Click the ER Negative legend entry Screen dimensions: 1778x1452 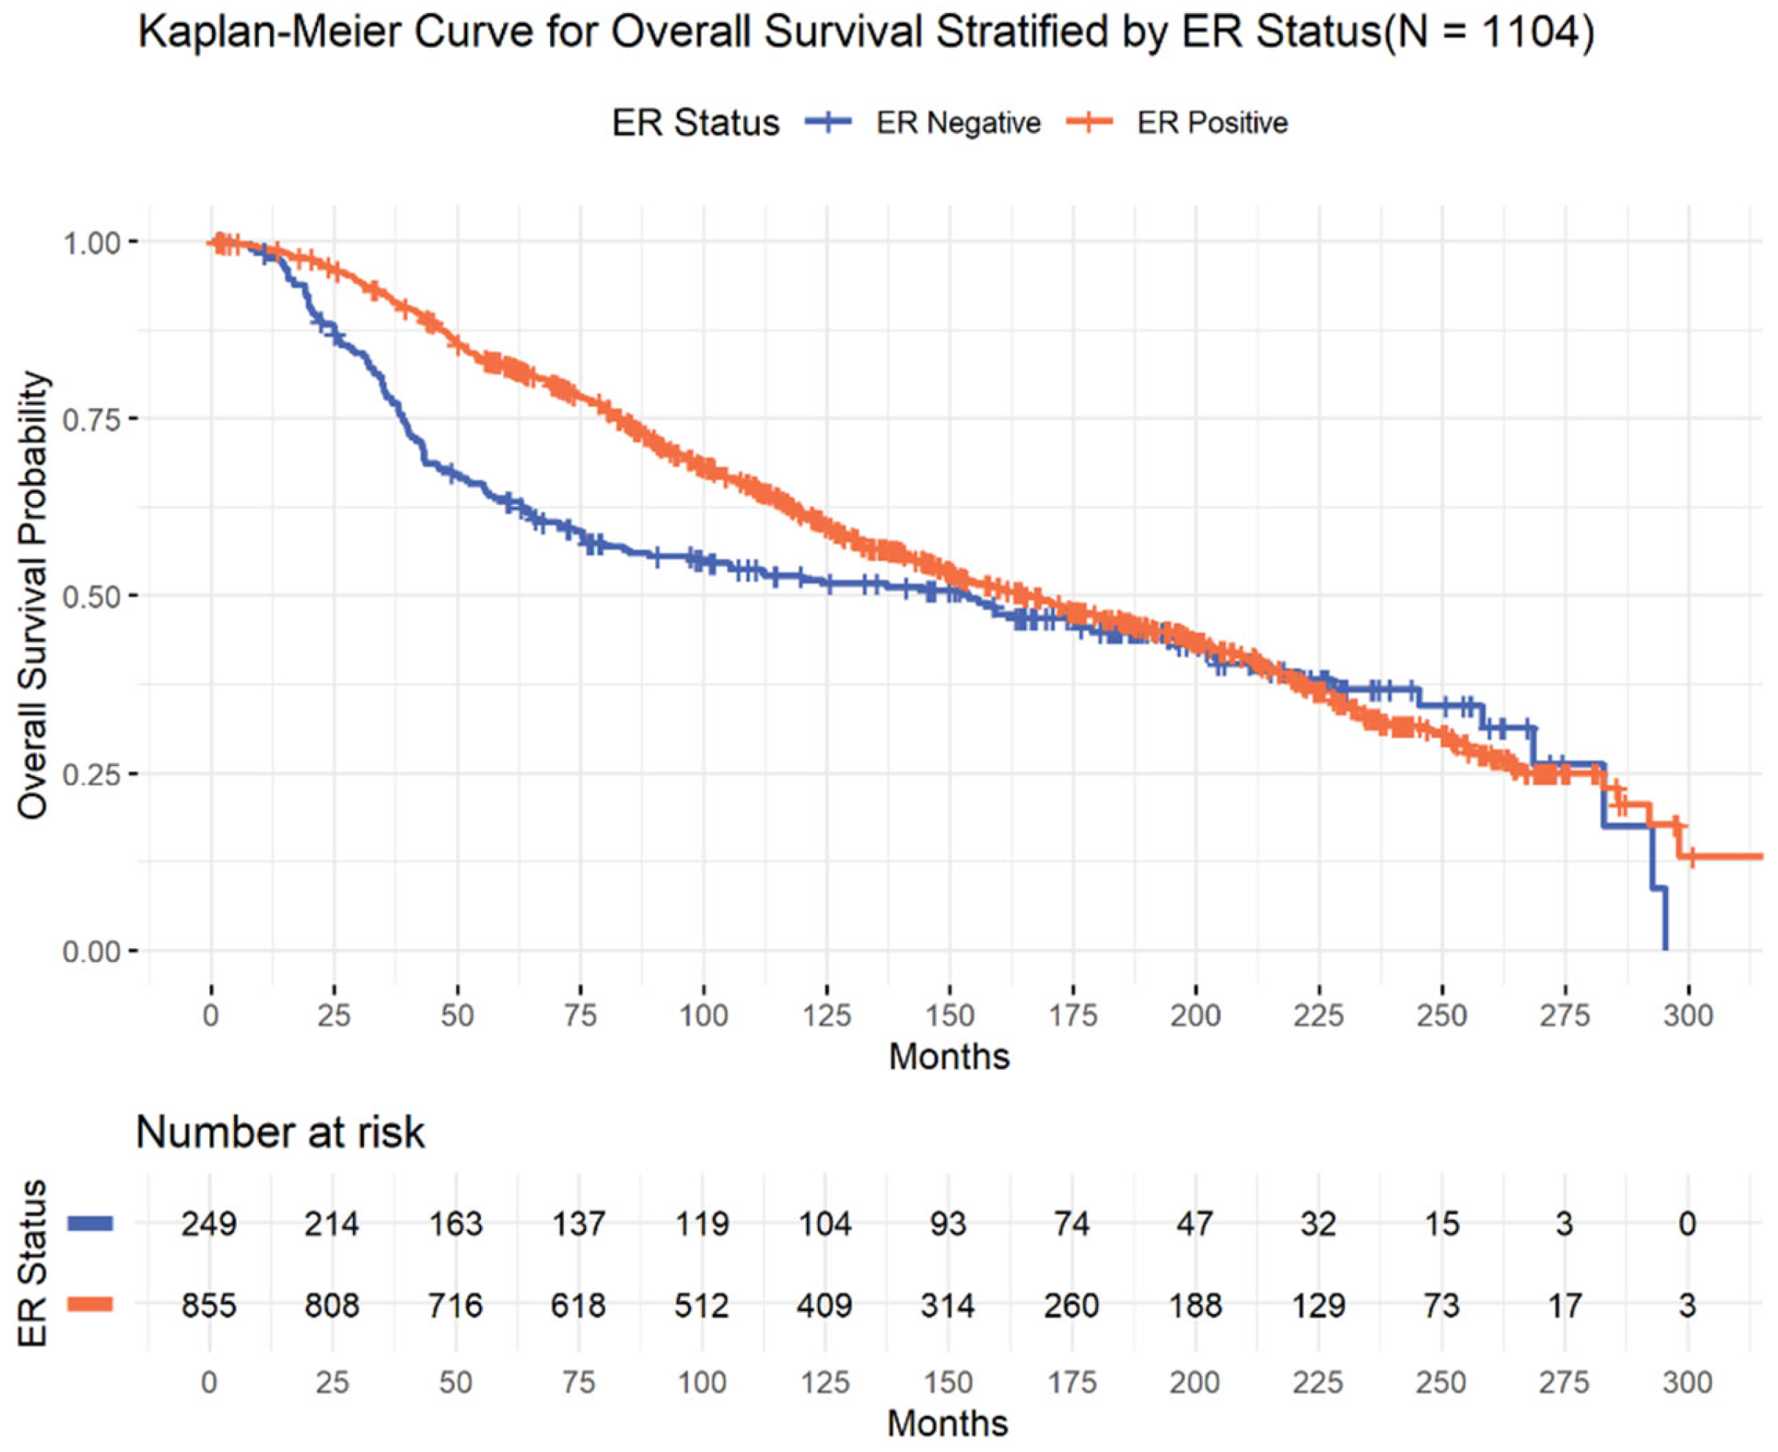[923, 123]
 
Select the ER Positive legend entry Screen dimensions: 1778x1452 [1177, 123]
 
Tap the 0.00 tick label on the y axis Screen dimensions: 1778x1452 [94, 951]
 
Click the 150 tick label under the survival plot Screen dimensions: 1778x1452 [949, 1015]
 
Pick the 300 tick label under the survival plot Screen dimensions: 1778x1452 [1688, 1015]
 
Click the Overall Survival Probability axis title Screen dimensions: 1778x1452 [34, 596]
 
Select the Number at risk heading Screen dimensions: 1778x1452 [280, 1133]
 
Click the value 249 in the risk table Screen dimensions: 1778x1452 [209, 1224]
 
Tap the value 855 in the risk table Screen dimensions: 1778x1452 [209, 1305]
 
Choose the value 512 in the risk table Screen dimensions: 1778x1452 [702, 1305]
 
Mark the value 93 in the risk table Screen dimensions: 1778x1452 [948, 1224]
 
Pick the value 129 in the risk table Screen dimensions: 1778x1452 [1318, 1305]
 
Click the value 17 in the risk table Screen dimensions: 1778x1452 [1564, 1305]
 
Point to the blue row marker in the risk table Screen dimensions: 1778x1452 [90, 1224]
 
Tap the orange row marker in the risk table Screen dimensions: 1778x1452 [90, 1305]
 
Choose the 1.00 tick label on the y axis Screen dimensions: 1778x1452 [94, 241]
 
